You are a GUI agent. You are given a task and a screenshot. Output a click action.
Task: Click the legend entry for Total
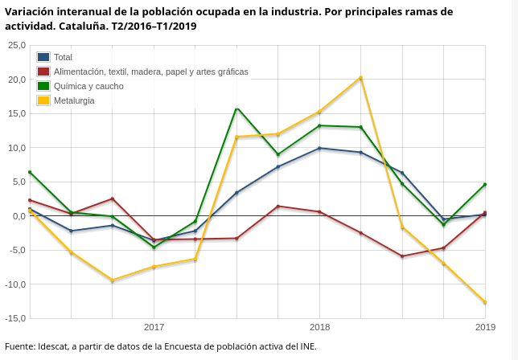(63, 57)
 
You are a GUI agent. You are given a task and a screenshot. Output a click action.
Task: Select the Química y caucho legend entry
(88, 86)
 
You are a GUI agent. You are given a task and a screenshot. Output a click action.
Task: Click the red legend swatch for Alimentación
(43, 72)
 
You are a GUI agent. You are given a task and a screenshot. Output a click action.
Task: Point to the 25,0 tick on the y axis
(16, 45)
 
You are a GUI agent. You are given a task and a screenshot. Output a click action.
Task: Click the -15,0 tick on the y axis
(14, 318)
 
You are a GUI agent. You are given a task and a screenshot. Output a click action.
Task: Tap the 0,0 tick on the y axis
(18, 216)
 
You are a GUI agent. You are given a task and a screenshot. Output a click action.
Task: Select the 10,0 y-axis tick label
(16, 148)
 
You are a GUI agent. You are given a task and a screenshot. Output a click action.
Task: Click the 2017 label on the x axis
(154, 327)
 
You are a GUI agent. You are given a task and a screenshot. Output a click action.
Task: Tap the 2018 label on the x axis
(319, 327)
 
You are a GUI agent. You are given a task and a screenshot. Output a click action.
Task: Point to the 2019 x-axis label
(485, 327)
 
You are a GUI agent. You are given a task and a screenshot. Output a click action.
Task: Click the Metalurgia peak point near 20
(361, 78)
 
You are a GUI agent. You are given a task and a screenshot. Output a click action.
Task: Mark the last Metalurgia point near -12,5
(485, 302)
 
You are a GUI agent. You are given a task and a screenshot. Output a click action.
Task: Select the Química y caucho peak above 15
(236, 108)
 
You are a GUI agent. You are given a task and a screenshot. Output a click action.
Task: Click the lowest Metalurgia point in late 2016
(113, 280)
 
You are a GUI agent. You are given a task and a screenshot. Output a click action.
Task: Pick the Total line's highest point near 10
(319, 148)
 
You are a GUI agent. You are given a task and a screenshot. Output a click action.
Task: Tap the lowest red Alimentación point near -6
(402, 256)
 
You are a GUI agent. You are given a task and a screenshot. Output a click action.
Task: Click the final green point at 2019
(485, 185)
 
